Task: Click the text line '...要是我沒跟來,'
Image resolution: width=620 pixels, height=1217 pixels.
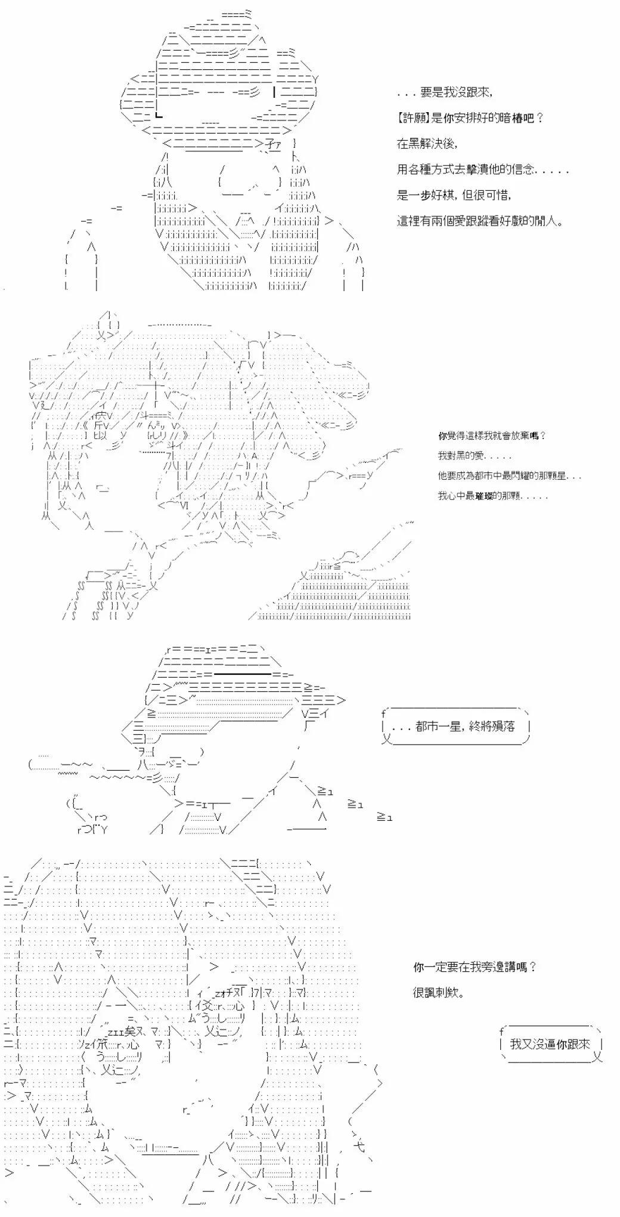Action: point(445,92)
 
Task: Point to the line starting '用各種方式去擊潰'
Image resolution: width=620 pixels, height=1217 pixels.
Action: point(483,169)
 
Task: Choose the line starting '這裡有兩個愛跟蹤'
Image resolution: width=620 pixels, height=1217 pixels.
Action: point(480,221)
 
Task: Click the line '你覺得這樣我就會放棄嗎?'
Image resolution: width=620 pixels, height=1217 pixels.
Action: point(492,435)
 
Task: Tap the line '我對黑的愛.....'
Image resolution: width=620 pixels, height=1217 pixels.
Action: point(475,456)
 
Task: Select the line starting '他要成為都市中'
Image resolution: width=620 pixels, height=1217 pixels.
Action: point(510,476)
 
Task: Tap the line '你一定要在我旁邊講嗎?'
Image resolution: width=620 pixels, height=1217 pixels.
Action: point(475,967)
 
